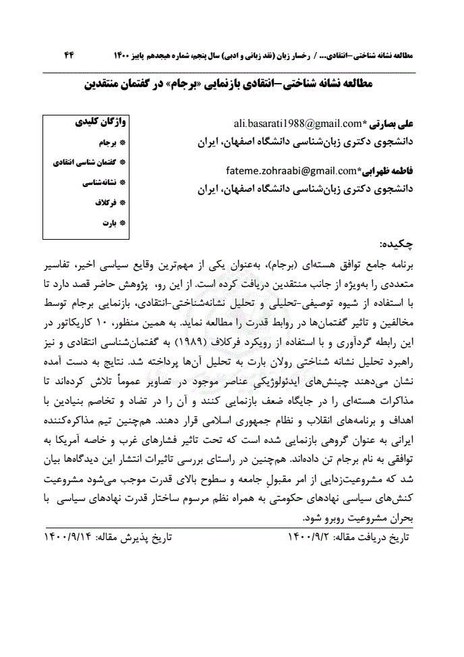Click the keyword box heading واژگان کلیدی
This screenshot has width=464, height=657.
point(100,123)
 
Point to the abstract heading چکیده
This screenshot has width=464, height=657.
point(399,243)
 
